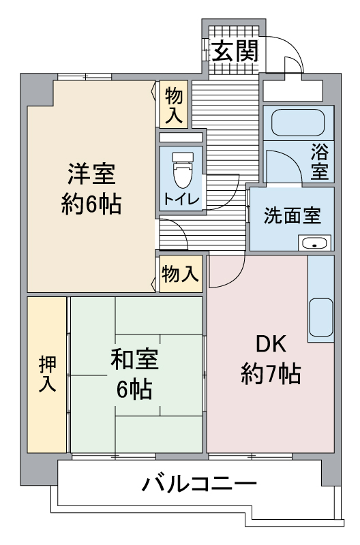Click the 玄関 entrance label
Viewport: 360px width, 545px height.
coord(234,52)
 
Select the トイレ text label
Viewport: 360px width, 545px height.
coord(181,199)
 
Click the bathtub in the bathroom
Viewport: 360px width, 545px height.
coord(298,123)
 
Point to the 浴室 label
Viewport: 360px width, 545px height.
coord(319,161)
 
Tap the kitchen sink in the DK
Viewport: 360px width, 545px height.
coord(320,315)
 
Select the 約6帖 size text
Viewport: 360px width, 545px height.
coord(91,204)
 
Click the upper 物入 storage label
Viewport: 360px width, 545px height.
coord(175,104)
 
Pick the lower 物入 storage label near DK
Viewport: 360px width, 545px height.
coord(181,274)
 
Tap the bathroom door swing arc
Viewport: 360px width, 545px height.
coord(280,163)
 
